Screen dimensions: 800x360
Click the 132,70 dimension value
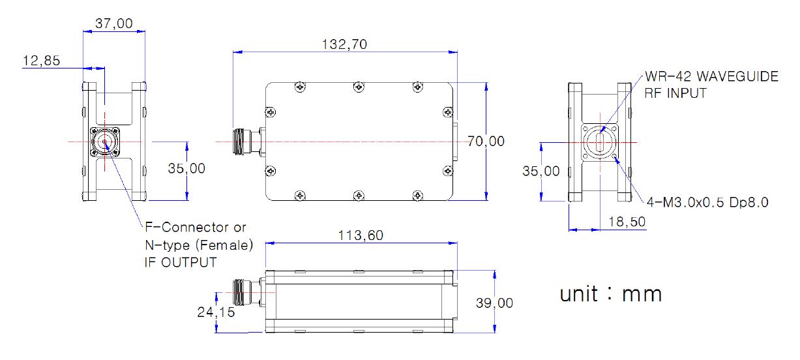click(344, 44)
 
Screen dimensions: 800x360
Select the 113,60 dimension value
click(361, 235)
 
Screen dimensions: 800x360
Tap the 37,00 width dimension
click(114, 23)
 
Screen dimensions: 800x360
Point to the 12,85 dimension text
click(41, 61)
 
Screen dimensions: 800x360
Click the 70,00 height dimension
click(486, 142)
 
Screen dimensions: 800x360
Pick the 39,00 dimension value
click(494, 303)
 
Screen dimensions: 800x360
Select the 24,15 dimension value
click(216, 312)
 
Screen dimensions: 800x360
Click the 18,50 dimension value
click(627, 222)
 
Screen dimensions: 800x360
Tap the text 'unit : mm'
click(611, 295)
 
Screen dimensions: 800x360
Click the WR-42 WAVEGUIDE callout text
click(711, 76)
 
